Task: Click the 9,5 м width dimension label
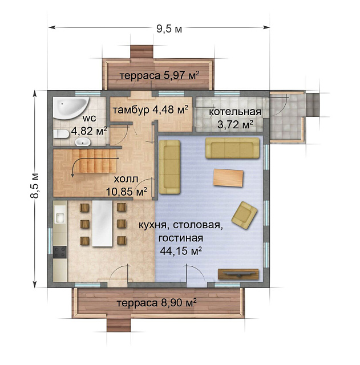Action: click(x=169, y=29)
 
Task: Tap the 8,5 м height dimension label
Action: click(x=35, y=185)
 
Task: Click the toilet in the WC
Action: click(x=61, y=134)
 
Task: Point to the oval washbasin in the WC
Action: click(x=82, y=141)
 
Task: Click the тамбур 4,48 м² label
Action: click(x=151, y=109)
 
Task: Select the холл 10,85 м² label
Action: click(x=127, y=185)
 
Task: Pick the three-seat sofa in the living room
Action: click(x=232, y=148)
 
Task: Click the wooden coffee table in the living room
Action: click(x=228, y=178)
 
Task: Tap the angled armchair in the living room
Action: click(x=244, y=216)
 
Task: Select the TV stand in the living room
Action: click(x=238, y=274)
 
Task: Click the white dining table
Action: click(x=102, y=224)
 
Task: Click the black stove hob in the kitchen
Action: click(x=60, y=252)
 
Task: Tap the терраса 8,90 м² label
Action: click(x=156, y=303)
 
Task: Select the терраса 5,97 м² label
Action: click(x=160, y=75)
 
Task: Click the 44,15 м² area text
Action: click(x=181, y=251)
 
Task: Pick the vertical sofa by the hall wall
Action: click(x=169, y=167)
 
